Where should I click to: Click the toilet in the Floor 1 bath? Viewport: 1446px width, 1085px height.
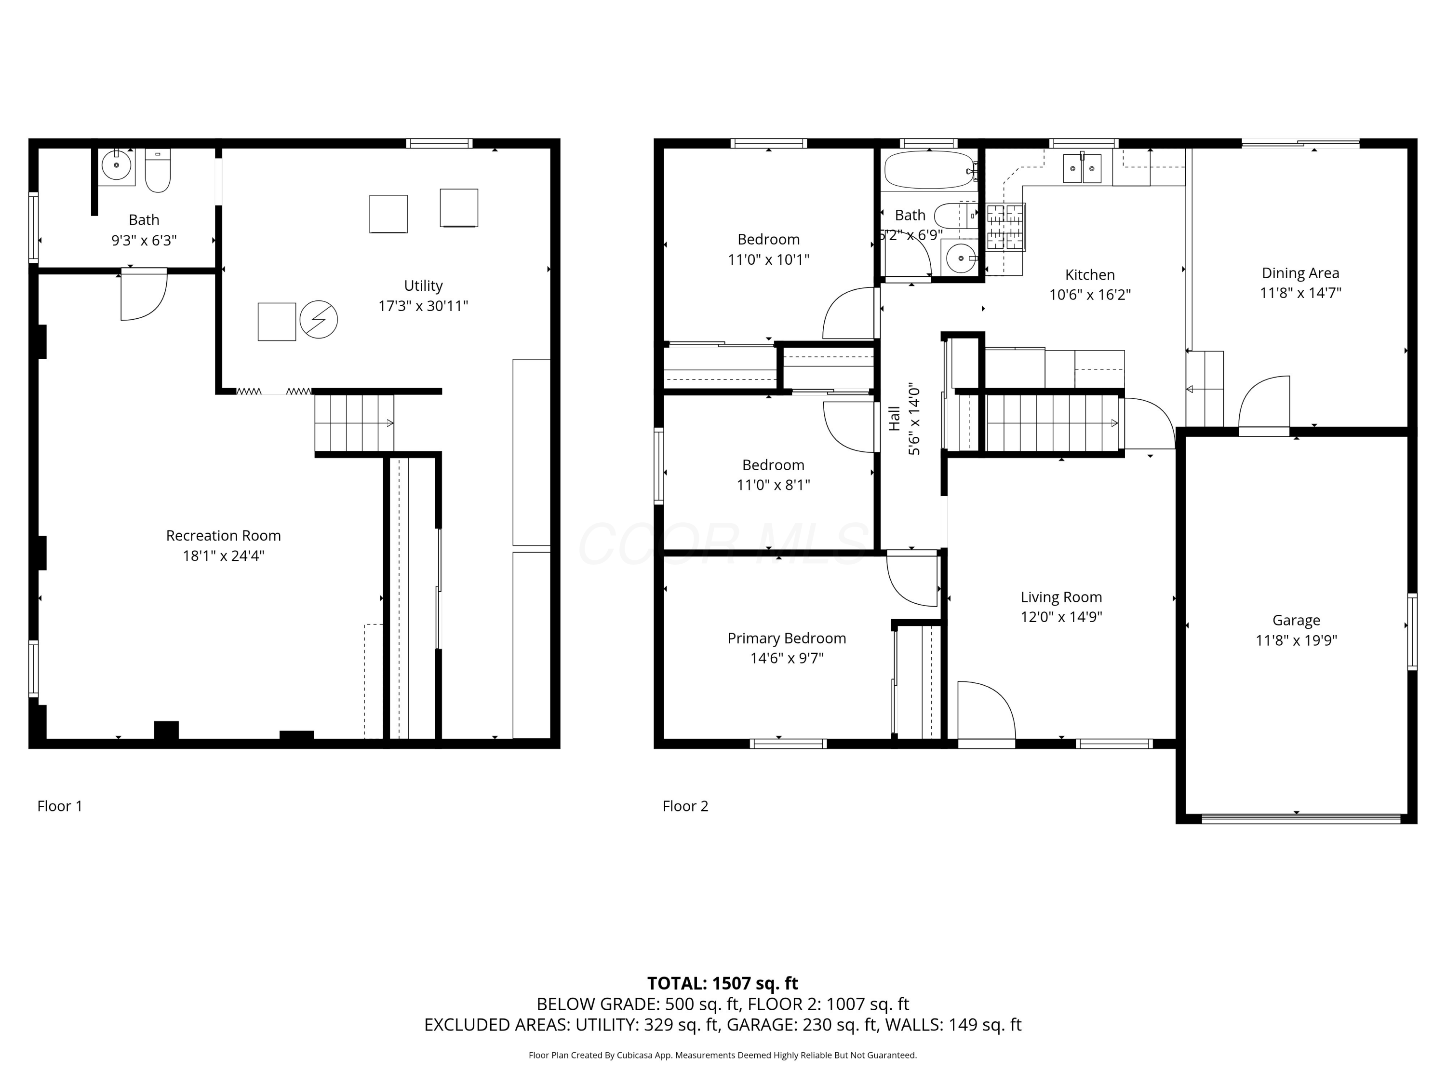[x=158, y=171]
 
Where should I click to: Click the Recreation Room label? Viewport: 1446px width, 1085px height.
[x=224, y=536]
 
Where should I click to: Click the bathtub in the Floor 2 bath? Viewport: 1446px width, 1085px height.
[x=929, y=170]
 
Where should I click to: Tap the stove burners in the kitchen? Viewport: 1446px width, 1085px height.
[x=1006, y=228]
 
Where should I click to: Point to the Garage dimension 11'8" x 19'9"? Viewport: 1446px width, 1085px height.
[x=1296, y=640]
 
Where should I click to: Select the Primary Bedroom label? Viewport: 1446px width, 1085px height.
[x=787, y=638]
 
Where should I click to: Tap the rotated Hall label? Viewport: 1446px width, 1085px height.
[x=894, y=419]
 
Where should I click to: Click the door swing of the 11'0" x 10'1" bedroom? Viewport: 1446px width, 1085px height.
[x=848, y=314]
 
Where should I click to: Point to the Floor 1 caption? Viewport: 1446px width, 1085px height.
[x=59, y=806]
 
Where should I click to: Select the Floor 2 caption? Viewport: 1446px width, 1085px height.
[x=685, y=806]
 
